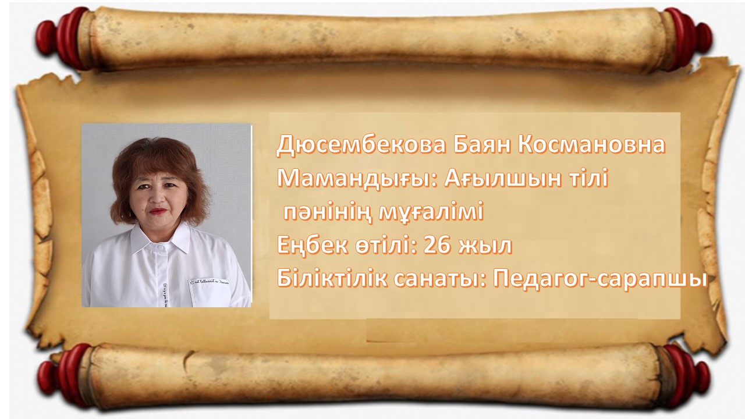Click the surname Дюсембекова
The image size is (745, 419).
click(361, 145)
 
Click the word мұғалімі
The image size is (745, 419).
click(431, 212)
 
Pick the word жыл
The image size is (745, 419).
click(485, 246)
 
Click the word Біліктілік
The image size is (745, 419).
click(332, 280)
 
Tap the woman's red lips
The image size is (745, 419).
click(158, 211)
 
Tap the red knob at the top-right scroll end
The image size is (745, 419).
click(686, 39)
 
